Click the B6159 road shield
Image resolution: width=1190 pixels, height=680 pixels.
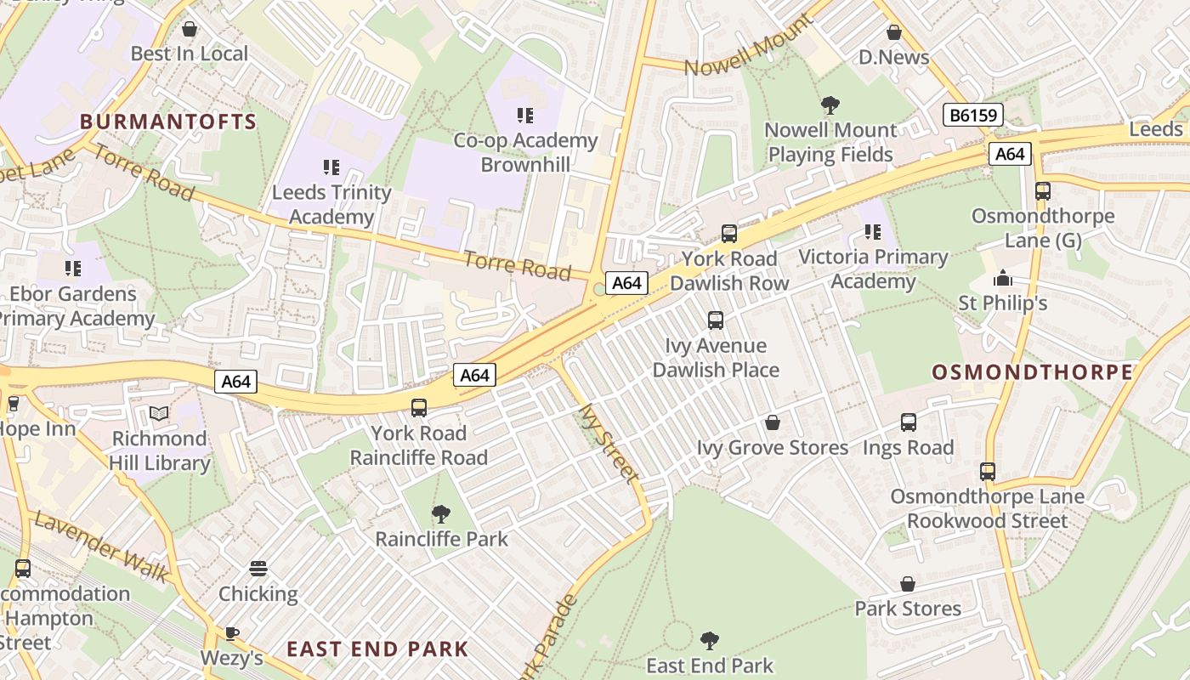point(972,116)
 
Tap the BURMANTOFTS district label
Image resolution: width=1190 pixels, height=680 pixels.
point(168,122)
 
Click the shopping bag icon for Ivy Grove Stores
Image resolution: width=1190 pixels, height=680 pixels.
point(773,422)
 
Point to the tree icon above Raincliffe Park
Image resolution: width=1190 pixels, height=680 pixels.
point(440,514)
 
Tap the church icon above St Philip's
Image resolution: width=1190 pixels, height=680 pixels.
point(1003,278)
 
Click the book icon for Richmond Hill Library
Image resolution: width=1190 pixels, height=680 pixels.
point(159,414)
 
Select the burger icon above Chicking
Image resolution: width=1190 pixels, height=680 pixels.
point(258,569)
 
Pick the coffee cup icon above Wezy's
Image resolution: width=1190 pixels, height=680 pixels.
point(231,633)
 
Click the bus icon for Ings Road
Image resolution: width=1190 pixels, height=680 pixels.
point(909,422)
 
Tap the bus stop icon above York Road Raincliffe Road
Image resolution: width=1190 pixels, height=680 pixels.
point(419,408)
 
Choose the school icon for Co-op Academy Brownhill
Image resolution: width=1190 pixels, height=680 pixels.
point(525,116)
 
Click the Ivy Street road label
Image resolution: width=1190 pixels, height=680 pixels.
point(608,443)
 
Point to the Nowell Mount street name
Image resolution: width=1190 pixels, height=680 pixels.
point(736,56)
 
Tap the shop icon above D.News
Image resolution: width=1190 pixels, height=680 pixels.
point(893,33)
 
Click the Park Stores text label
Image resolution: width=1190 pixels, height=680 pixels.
point(908,609)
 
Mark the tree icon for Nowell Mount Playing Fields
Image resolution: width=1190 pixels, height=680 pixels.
point(830,105)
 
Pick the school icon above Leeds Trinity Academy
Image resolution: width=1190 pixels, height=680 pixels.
point(331,167)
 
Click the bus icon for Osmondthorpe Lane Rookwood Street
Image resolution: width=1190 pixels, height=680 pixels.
point(987,472)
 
